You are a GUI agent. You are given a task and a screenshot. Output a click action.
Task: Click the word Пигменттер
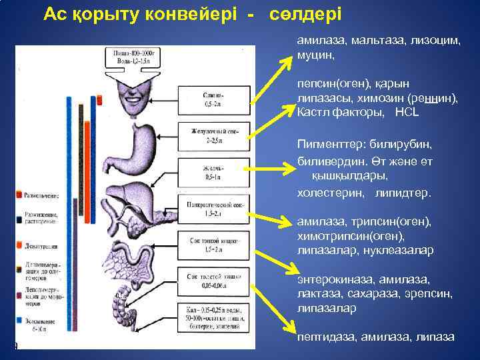[x=329, y=143]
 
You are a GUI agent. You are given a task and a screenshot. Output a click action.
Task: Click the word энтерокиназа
[x=335, y=279]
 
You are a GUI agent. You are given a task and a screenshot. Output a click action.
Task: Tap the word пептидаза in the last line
[x=325, y=337]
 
